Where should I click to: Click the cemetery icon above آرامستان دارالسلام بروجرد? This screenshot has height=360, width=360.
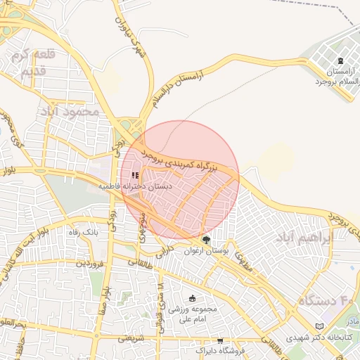[x=341, y=61]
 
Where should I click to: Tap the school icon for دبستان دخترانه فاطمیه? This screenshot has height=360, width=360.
[x=134, y=175]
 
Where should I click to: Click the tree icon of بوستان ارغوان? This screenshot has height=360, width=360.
[x=205, y=240]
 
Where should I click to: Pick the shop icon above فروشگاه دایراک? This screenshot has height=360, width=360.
[x=221, y=340]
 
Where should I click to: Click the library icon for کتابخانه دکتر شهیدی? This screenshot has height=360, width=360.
[x=320, y=326]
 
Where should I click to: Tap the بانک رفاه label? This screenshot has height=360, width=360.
[x=81, y=231]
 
